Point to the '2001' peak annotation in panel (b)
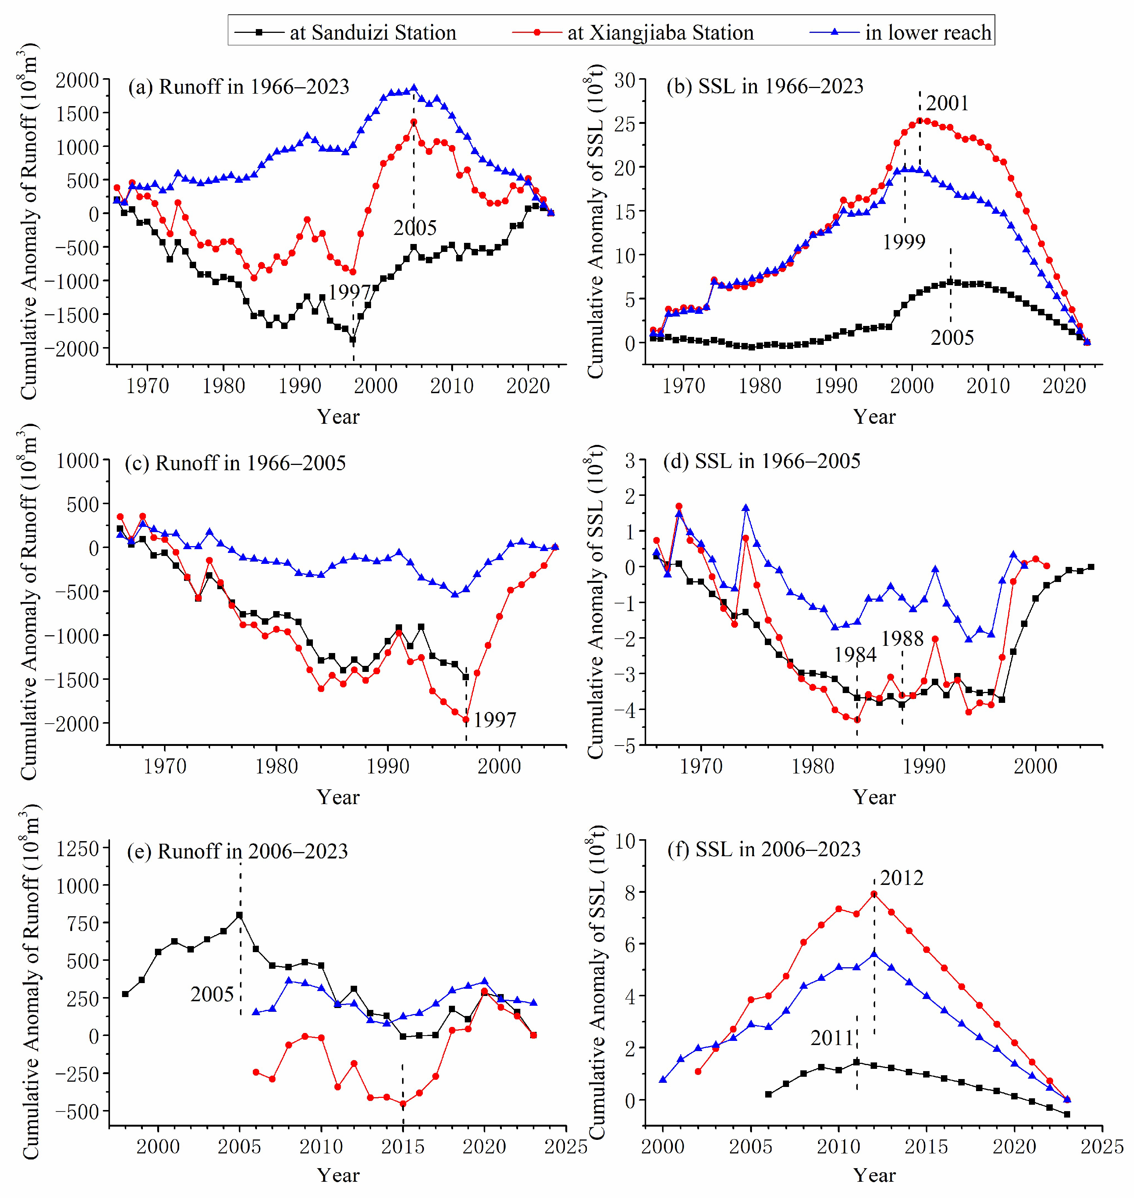click(947, 103)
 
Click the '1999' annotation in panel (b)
click(904, 242)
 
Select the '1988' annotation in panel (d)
click(902, 639)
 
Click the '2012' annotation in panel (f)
click(901, 878)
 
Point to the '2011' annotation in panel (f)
click(832, 1038)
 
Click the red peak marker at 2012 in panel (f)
click(874, 894)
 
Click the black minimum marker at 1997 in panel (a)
click(353, 340)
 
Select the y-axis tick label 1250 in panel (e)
click(77, 849)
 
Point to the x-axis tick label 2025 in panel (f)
click(1102, 1147)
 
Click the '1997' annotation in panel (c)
click(495, 720)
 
